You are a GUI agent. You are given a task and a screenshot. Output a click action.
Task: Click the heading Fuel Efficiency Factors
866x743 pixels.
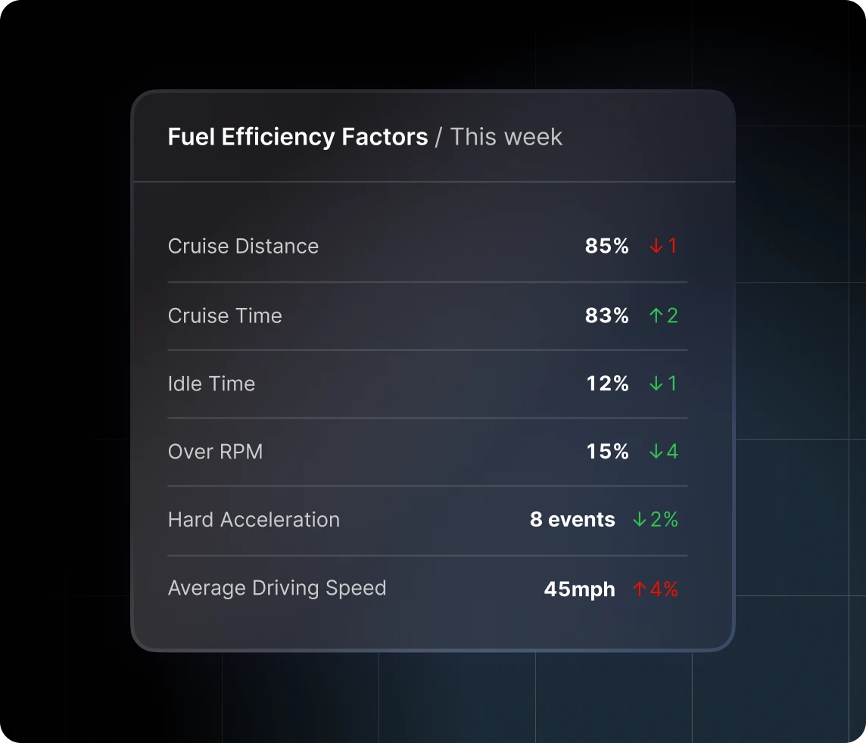tap(297, 137)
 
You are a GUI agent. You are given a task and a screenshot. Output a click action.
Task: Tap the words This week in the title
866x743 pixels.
tap(506, 137)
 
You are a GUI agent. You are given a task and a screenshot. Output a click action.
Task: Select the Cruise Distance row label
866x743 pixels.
tap(243, 246)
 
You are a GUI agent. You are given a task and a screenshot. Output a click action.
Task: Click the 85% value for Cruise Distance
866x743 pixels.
tap(606, 246)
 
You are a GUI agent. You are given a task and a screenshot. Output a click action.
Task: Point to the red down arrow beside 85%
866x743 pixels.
tap(656, 246)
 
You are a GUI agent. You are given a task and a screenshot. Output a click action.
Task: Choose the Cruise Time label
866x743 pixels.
tap(225, 316)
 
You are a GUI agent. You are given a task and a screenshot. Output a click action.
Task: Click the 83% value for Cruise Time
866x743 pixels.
tap(606, 316)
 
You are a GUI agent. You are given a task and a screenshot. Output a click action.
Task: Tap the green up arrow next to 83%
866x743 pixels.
tap(656, 316)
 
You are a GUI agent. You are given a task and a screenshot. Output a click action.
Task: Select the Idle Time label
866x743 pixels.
tap(211, 384)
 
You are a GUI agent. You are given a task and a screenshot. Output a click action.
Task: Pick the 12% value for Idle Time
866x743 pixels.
tap(607, 384)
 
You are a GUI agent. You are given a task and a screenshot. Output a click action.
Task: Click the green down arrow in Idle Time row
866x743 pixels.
tap(656, 384)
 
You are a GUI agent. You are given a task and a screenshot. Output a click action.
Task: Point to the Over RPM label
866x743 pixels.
tap(215, 452)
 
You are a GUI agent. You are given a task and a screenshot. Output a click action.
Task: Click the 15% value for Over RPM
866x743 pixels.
tap(607, 452)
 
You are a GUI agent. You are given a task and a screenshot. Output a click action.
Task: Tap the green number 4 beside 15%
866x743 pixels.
tap(672, 452)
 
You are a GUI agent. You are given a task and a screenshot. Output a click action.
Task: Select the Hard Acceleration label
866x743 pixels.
tap(254, 520)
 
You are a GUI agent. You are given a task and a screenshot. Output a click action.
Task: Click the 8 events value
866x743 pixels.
tap(572, 520)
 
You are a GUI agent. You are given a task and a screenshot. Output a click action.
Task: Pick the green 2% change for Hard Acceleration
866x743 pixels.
tap(664, 520)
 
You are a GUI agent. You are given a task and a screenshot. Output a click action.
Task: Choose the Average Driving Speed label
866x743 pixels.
tap(277, 588)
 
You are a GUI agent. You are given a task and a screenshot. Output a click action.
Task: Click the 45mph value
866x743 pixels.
tap(579, 589)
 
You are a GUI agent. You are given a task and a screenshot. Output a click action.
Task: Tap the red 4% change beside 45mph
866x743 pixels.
tap(664, 589)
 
